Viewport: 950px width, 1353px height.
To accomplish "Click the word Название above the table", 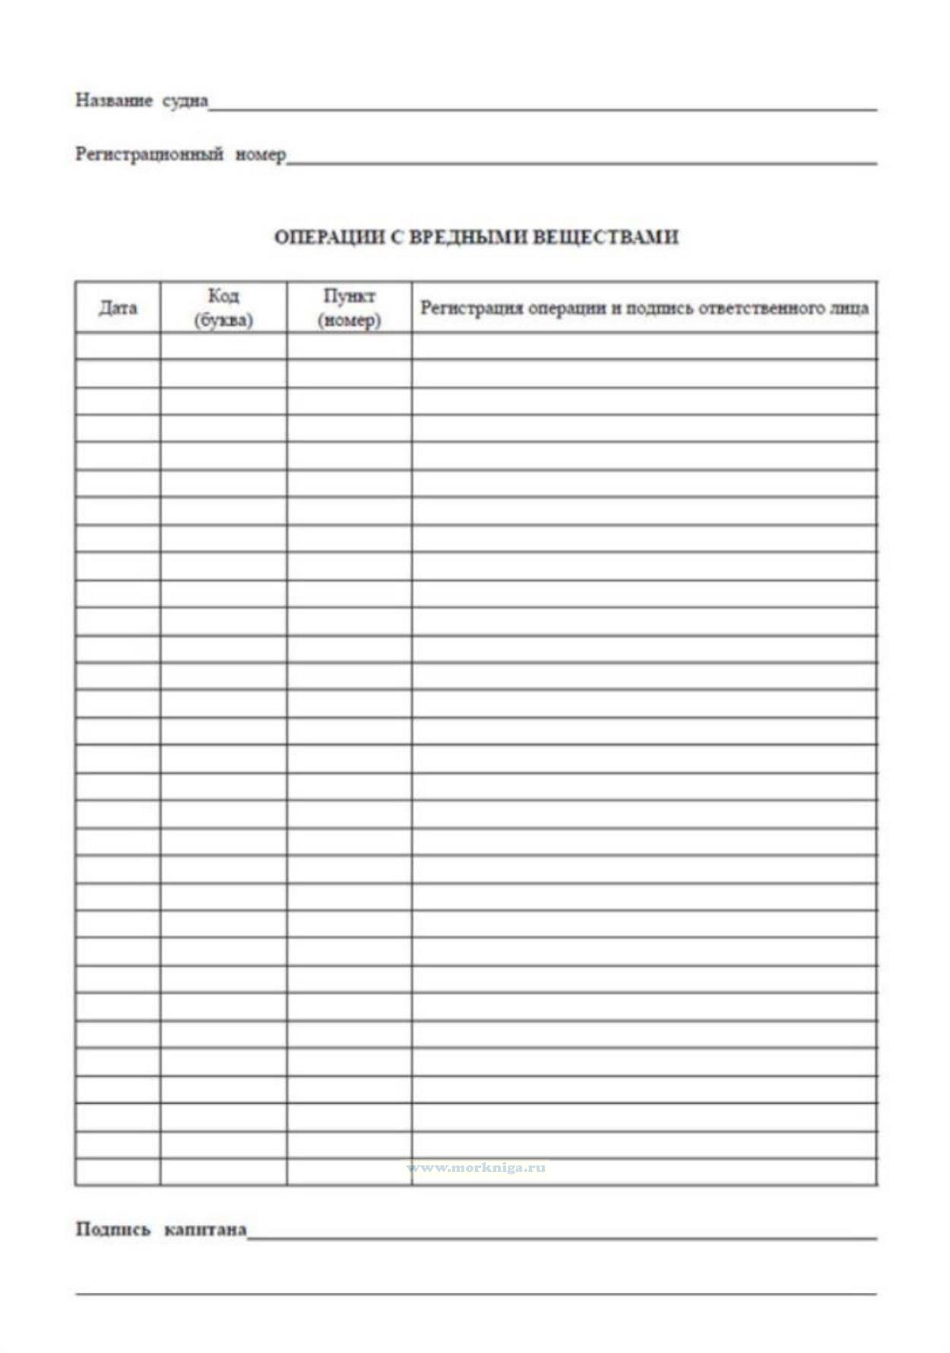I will pyautogui.click(x=113, y=100).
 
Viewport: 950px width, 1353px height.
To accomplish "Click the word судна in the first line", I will pyautogui.click(x=185, y=100).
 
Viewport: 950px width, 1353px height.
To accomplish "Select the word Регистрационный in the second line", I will pyautogui.click(x=149, y=154).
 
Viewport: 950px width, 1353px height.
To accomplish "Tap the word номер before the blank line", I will pyautogui.click(x=261, y=154).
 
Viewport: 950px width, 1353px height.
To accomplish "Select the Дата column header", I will pyautogui.click(x=118, y=308).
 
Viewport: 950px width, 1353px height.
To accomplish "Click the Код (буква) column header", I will pyautogui.click(x=223, y=308).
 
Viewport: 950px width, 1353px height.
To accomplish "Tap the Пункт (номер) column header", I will pyautogui.click(x=349, y=308).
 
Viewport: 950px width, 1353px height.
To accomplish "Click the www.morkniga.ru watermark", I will pyautogui.click(x=477, y=1168).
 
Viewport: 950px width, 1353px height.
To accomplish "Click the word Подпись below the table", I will pyautogui.click(x=113, y=1229).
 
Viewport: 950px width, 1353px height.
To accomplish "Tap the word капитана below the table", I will pyautogui.click(x=205, y=1229).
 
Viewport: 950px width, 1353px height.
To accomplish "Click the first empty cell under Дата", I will pyautogui.click(x=118, y=346).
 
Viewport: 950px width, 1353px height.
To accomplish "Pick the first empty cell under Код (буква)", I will pyautogui.click(x=223, y=346).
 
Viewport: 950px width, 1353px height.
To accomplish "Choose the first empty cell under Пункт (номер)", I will pyautogui.click(x=349, y=346).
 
